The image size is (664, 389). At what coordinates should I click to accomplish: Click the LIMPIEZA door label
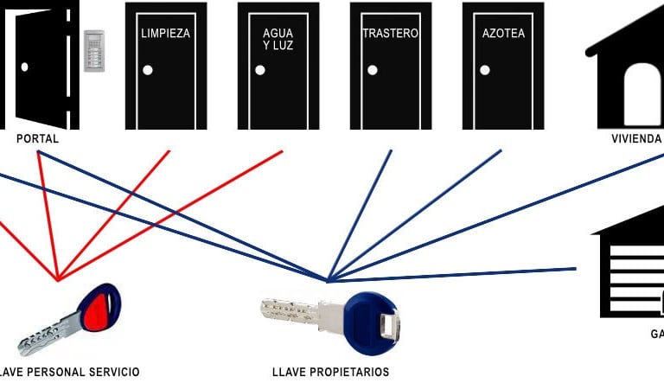tap(165, 35)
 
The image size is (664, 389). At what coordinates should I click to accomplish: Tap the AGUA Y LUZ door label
tap(278, 40)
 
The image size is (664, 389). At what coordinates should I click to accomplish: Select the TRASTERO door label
tap(391, 34)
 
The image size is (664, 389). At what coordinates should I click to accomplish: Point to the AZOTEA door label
tap(503, 35)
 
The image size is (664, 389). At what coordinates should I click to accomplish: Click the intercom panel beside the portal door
tap(93, 51)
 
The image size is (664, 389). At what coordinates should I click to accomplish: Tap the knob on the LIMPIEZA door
tap(148, 70)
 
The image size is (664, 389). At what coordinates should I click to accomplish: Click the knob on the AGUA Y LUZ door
tap(259, 70)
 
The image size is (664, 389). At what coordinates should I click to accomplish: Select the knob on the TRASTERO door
tap(373, 70)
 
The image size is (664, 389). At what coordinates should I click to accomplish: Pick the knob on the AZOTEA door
tap(485, 70)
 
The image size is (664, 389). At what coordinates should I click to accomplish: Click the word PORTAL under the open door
tap(37, 138)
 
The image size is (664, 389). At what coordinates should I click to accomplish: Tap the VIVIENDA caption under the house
tap(636, 138)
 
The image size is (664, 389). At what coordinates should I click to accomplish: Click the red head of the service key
tap(99, 306)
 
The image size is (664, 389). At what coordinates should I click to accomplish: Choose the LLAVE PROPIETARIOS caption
tap(330, 373)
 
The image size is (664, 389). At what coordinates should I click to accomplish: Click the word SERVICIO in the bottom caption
tap(112, 373)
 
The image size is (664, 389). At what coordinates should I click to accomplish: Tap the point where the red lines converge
tap(58, 279)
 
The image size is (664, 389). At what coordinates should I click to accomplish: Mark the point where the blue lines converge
tap(328, 280)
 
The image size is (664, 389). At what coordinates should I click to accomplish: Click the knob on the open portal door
tap(25, 67)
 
